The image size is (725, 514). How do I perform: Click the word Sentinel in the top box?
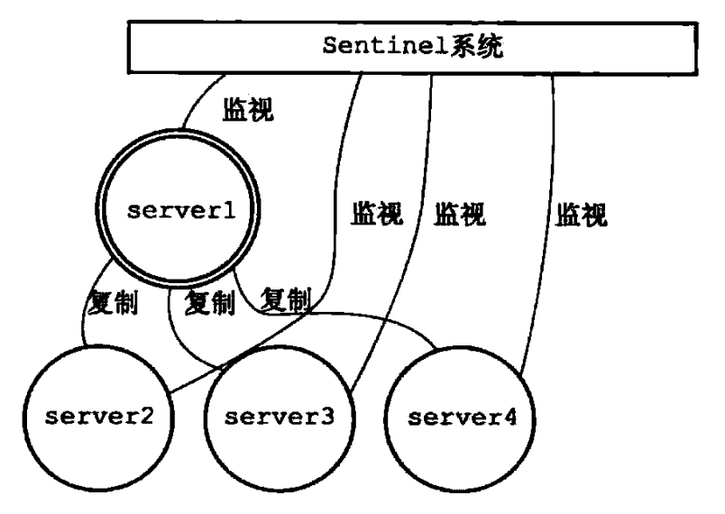click(x=386, y=45)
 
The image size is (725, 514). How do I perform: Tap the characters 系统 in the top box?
click(x=477, y=46)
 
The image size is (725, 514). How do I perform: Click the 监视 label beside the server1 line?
click(x=248, y=109)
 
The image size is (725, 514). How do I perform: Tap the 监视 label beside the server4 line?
click(x=582, y=214)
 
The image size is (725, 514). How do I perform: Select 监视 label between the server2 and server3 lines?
click(x=377, y=213)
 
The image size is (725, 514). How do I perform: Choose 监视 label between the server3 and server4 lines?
click(x=460, y=214)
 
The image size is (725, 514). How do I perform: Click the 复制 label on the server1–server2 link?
click(x=113, y=303)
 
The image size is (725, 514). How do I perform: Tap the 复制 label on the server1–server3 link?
click(x=209, y=303)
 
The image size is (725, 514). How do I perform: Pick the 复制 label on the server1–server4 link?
click(x=286, y=299)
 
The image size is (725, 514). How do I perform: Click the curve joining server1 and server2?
click(x=87, y=300)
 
